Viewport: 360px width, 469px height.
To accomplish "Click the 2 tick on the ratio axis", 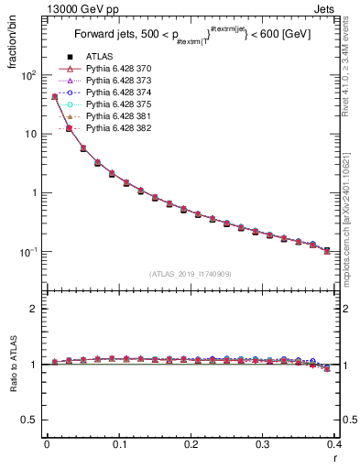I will coord(35,309).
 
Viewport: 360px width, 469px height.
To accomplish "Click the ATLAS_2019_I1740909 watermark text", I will coord(190,274).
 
